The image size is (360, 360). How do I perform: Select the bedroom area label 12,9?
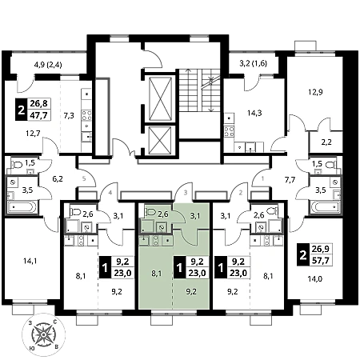point(315,92)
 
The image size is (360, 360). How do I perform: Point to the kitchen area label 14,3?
point(254,113)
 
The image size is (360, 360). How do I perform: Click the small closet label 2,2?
point(326,142)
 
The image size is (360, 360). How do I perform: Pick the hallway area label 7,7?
point(290,180)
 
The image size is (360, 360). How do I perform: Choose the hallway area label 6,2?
point(58,179)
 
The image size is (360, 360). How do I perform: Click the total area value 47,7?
point(39,115)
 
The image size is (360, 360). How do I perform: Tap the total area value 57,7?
point(321,260)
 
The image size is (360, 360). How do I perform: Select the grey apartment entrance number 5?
point(84,178)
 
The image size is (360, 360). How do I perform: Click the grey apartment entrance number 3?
point(186,192)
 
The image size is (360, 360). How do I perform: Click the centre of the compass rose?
point(43,334)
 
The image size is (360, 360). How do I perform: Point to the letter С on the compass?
point(55,322)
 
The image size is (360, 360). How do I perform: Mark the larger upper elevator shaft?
point(160,98)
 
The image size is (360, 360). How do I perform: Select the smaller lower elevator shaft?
point(160,141)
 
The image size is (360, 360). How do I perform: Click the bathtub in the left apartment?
point(22,207)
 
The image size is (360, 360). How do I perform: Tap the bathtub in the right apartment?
point(326,206)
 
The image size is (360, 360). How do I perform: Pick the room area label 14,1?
point(30,261)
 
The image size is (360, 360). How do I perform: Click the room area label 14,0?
point(315,279)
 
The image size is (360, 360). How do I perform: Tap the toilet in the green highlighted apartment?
point(150,212)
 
